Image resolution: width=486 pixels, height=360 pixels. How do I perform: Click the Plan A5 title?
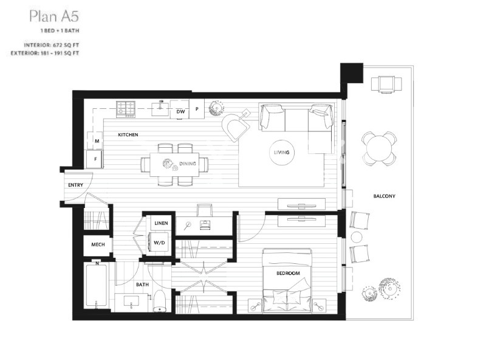(x=54, y=16)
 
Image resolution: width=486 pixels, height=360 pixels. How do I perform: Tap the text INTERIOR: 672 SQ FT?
(x=52, y=45)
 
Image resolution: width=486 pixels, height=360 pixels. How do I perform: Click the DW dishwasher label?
(x=180, y=111)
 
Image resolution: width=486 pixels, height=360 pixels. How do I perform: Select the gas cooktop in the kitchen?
(x=126, y=109)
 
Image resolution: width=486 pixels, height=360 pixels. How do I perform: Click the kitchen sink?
(x=160, y=108)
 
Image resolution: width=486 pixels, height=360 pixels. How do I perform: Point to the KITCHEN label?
(x=128, y=134)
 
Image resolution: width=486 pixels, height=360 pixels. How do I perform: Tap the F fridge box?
(x=95, y=159)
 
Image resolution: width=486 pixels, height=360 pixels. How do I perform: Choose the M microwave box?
(x=97, y=141)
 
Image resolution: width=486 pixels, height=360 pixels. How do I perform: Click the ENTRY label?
(x=75, y=185)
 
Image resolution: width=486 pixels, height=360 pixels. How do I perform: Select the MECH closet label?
(x=98, y=244)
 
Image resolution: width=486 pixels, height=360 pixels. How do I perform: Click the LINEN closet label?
(x=161, y=223)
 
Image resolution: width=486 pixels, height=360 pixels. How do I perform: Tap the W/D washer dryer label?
(x=159, y=243)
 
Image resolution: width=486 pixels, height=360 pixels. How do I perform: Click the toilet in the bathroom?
(x=160, y=301)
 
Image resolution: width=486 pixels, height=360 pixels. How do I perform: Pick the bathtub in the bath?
(x=97, y=285)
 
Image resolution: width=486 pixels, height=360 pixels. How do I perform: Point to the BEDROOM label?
(x=288, y=274)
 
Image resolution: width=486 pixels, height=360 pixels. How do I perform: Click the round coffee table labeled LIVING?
(x=282, y=153)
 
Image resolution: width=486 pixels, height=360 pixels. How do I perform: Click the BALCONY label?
(x=385, y=196)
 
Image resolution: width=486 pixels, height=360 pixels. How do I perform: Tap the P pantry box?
(x=197, y=109)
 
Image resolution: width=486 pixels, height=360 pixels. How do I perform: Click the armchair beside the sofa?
(x=236, y=126)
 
